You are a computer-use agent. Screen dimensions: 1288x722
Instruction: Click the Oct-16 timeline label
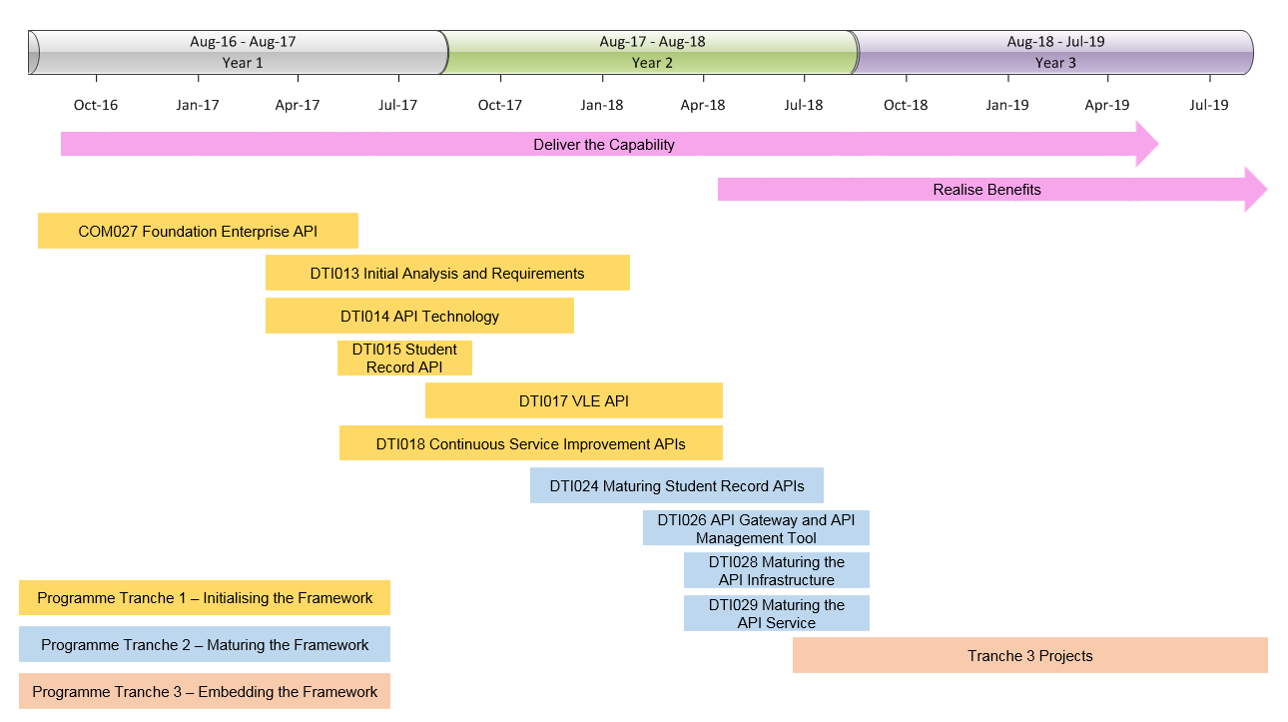click(96, 105)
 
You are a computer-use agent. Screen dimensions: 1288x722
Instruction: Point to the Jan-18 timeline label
click(601, 105)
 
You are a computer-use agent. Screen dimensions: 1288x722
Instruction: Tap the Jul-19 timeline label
click(1209, 105)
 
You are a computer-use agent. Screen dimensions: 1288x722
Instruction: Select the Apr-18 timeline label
click(703, 105)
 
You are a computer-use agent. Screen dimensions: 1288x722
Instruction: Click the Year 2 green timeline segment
click(652, 52)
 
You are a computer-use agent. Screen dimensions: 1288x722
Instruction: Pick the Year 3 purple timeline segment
click(1055, 52)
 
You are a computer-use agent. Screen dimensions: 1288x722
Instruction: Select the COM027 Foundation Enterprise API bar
click(198, 231)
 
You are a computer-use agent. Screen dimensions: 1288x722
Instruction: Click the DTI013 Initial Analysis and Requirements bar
click(447, 273)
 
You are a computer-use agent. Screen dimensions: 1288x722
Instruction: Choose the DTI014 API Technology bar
click(419, 316)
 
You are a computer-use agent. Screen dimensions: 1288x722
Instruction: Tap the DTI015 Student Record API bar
click(404, 358)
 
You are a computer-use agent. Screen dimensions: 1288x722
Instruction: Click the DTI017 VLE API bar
click(574, 400)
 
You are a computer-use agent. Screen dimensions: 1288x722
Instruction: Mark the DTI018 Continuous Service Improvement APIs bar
click(531, 443)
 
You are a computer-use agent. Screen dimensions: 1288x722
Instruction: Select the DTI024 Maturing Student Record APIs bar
click(677, 485)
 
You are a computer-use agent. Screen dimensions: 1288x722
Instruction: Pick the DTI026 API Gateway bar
click(756, 528)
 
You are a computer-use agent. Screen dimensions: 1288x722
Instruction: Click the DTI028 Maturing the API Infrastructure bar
click(776, 570)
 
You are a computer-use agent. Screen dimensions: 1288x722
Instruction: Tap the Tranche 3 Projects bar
click(1030, 655)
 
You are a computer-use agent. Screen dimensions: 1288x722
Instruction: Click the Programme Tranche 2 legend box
click(205, 644)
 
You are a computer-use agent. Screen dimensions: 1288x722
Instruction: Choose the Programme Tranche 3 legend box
click(205, 691)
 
